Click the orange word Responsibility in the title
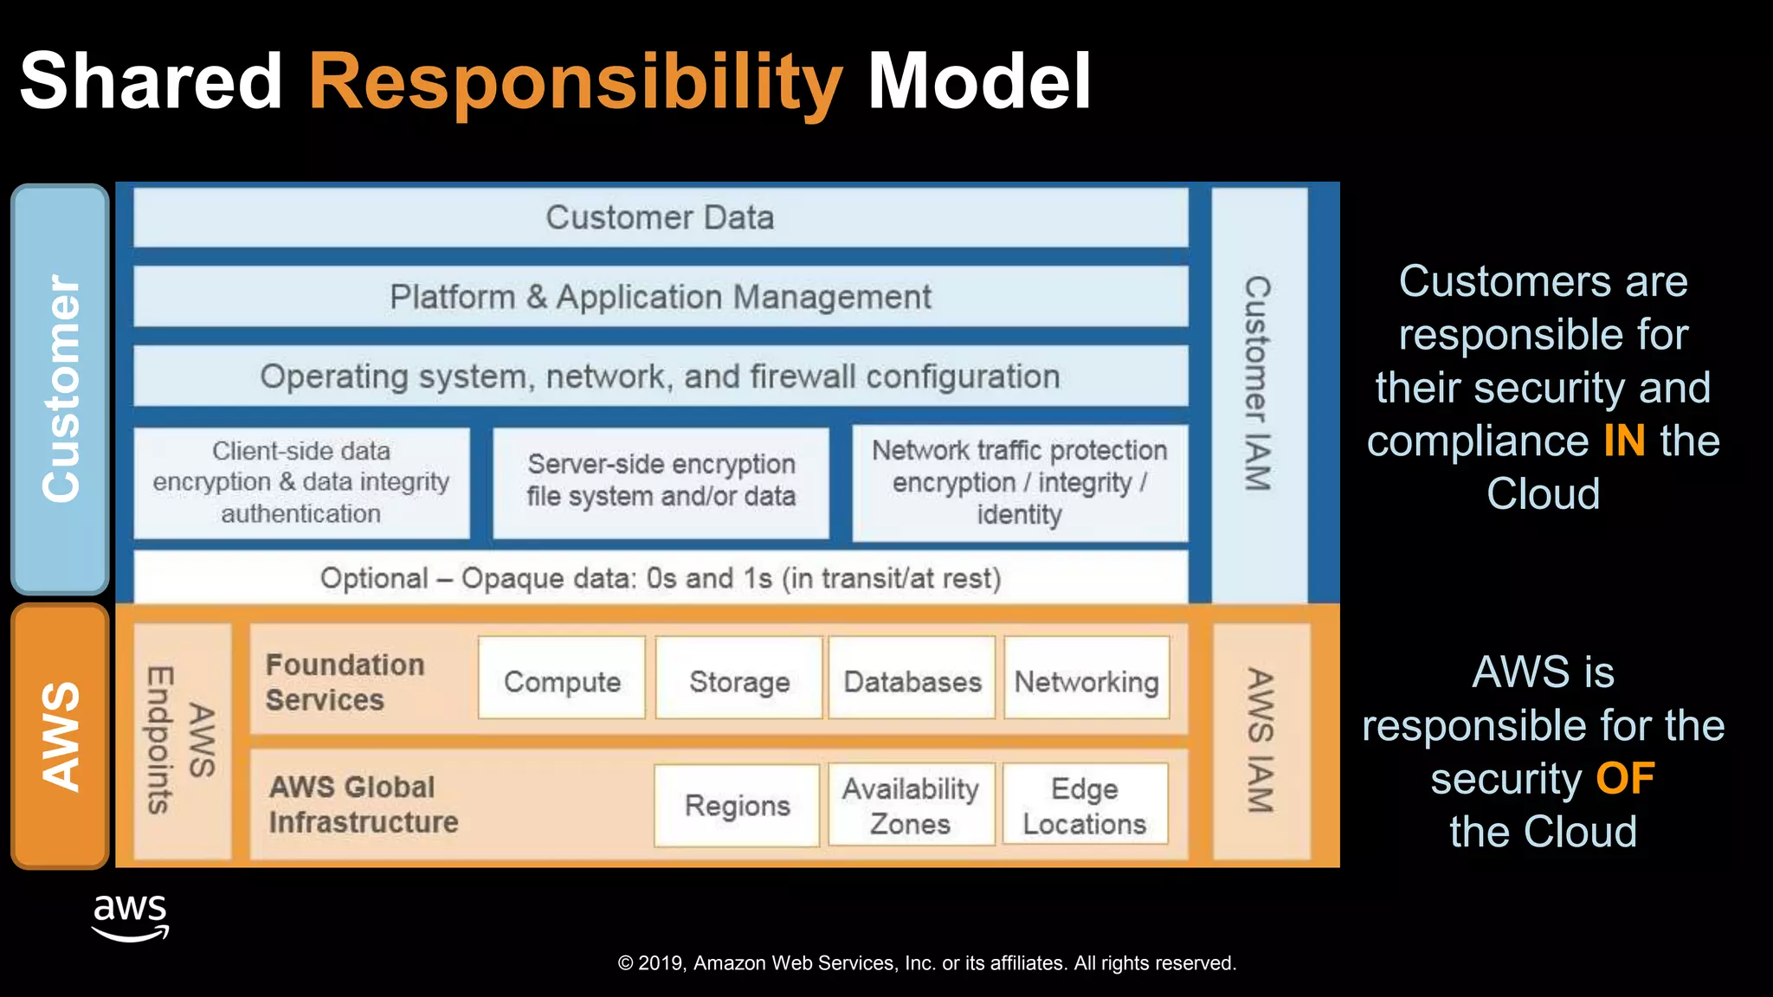coord(575,81)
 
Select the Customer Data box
coord(660,218)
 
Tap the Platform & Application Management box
coord(660,297)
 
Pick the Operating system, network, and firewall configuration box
coord(660,376)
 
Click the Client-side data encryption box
coord(301,483)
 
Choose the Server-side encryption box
coord(661,481)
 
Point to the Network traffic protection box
coord(1019,483)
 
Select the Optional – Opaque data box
coord(660,578)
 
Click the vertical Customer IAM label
coord(1258,384)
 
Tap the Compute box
coord(562,681)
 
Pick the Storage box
coord(739,681)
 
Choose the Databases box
coord(912,681)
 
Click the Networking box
coord(1086,681)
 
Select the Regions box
coord(737,806)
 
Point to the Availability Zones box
coord(911,806)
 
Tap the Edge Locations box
coord(1085,806)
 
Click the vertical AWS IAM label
coord(1260,741)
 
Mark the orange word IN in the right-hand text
coord(1624,441)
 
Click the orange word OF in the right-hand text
coord(1625,778)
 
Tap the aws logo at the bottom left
coord(130,917)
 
